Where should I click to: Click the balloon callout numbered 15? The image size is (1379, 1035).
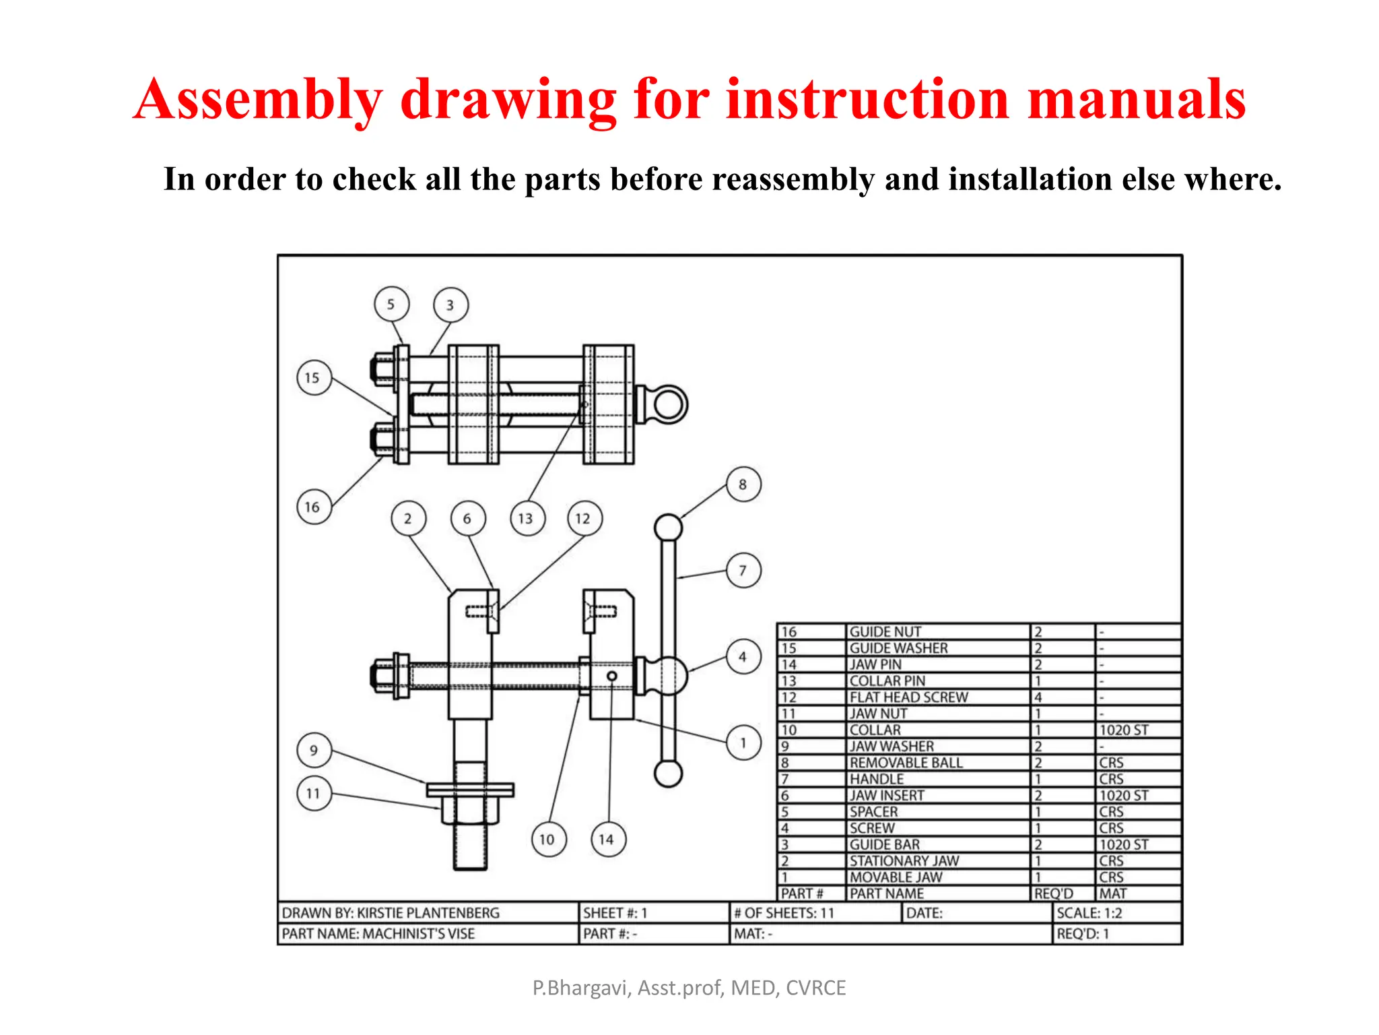(x=314, y=377)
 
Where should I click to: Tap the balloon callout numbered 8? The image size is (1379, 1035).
(x=743, y=484)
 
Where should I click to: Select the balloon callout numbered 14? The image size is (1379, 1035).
(x=607, y=840)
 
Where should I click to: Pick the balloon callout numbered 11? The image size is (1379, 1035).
(x=314, y=793)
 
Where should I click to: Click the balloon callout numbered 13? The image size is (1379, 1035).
(x=527, y=518)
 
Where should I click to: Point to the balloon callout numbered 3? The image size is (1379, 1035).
(x=450, y=305)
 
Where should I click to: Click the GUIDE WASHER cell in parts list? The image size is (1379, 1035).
(x=898, y=648)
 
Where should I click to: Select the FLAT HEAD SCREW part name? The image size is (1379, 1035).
(x=908, y=697)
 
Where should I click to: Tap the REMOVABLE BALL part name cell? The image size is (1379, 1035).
(x=906, y=763)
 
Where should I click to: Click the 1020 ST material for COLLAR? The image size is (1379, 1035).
(x=1123, y=730)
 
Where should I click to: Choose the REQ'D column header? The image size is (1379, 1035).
(x=1054, y=894)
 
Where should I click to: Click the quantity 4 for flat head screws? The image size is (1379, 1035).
(x=1038, y=697)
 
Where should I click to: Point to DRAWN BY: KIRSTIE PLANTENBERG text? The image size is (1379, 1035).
(x=391, y=913)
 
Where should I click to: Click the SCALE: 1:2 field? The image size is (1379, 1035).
(x=1089, y=913)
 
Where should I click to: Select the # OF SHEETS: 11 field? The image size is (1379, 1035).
(x=784, y=913)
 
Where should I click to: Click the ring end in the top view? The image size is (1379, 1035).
(x=669, y=404)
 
